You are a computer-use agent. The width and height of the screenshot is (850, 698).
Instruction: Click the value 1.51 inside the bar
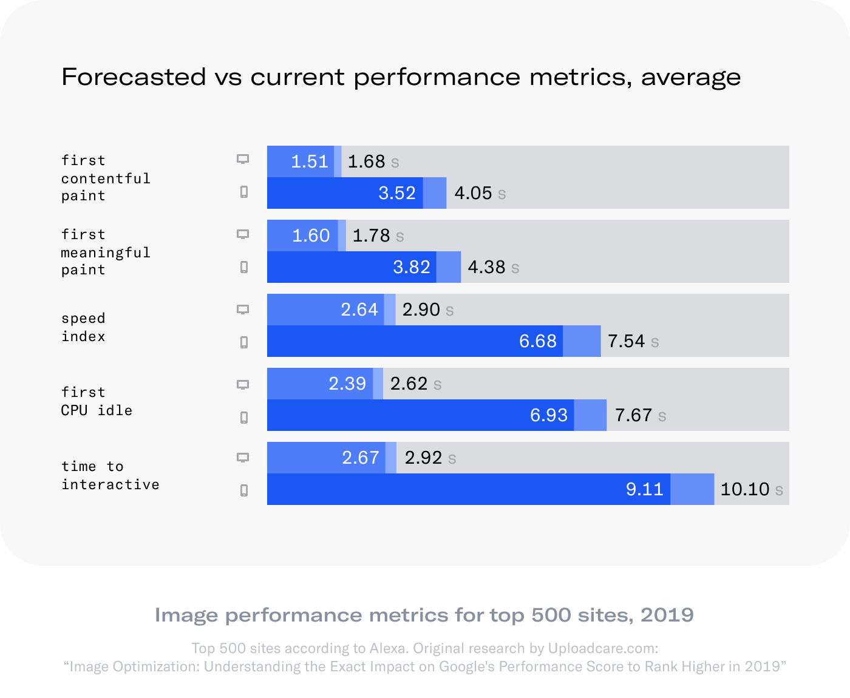point(309,161)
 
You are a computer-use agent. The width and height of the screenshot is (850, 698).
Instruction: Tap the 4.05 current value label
point(473,193)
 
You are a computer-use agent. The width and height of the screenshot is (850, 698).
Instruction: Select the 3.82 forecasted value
point(411,267)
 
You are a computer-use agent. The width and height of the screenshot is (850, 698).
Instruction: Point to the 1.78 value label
point(371,235)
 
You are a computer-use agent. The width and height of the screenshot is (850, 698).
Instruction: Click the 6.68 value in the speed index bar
point(537,341)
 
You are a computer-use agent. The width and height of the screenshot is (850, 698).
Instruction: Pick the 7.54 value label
point(626,341)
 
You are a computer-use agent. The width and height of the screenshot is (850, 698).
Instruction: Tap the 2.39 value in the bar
point(347,384)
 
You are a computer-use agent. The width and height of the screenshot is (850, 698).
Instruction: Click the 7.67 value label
point(633,415)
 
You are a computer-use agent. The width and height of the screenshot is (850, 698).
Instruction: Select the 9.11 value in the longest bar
point(644,489)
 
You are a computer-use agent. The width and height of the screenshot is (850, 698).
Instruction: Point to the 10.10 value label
point(744,489)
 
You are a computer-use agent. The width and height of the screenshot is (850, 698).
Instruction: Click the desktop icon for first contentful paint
point(243,159)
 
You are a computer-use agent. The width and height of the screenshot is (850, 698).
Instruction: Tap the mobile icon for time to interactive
point(244,490)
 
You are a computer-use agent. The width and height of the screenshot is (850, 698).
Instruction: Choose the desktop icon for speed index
point(243,310)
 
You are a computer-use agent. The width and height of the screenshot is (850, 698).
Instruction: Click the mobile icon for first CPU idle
point(244,418)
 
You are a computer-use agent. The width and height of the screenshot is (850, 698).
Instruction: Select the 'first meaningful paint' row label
point(105,252)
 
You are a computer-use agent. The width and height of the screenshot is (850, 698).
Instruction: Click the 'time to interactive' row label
point(110,475)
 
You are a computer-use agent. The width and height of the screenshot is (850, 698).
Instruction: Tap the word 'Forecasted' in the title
point(134,77)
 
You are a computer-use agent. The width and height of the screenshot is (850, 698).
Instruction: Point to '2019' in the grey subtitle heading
point(667,615)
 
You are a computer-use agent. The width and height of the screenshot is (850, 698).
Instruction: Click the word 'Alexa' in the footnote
point(389,648)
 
